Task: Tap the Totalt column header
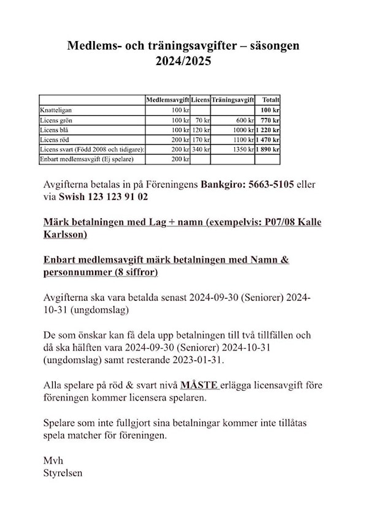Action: click(x=270, y=99)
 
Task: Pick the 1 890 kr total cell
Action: click(x=268, y=150)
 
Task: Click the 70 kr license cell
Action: click(x=202, y=120)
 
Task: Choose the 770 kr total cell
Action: click(x=270, y=120)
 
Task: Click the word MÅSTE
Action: click(x=199, y=386)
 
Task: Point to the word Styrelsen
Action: click(x=63, y=473)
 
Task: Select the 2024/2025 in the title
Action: click(x=184, y=61)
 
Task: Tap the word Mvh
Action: click(x=53, y=460)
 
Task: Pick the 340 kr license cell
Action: click(x=201, y=150)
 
